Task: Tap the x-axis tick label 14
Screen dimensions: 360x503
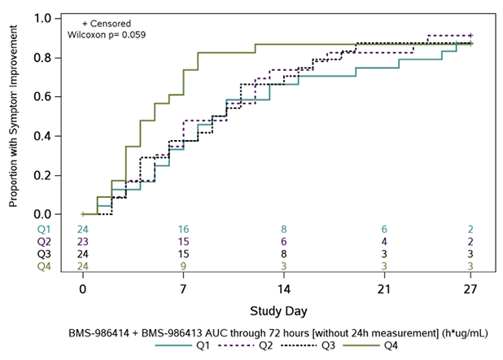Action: click(284, 289)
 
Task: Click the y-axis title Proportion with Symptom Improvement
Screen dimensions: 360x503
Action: click(15, 116)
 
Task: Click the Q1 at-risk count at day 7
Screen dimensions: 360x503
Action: click(185, 230)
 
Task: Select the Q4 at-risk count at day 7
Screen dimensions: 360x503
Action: click(185, 266)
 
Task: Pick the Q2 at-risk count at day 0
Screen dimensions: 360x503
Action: click(82, 242)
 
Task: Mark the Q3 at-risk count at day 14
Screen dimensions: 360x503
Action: click(284, 254)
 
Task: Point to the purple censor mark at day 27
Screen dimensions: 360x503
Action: click(470, 36)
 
